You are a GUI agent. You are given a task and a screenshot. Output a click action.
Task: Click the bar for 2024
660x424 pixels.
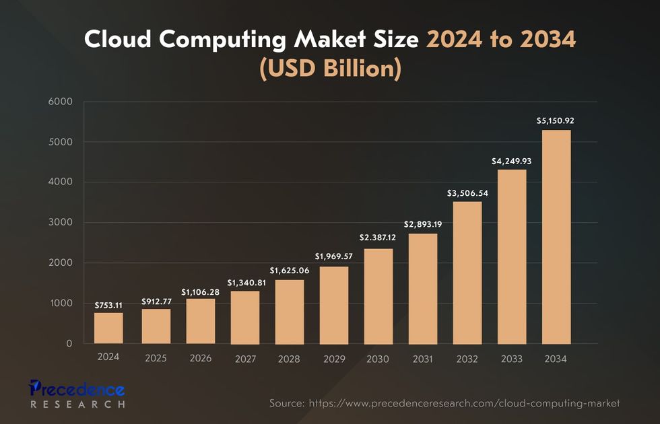pos(108,328)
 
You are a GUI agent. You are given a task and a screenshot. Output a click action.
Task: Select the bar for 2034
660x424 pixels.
pos(556,237)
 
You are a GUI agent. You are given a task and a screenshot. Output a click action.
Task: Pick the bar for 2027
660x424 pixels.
pos(244,317)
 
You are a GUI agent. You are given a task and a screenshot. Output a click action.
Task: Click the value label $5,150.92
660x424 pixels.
pos(556,121)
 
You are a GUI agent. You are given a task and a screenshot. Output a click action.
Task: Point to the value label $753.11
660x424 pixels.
pos(108,305)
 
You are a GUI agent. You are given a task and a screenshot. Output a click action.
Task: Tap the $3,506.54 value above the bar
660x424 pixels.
pos(467,193)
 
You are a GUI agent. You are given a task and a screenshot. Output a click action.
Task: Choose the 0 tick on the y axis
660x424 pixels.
pos(69,344)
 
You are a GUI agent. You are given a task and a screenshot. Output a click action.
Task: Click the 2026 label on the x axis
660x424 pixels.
pos(199,358)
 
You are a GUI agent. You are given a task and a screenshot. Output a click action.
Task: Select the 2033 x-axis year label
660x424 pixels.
pos(512,359)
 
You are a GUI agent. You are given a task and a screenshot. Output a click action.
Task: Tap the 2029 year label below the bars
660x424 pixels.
pos(333,359)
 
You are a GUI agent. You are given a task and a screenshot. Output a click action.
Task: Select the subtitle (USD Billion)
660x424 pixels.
pos(330,69)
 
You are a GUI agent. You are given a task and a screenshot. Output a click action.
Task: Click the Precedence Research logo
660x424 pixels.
pos(77,394)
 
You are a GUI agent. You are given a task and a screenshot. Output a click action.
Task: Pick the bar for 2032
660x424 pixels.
pos(467,273)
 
